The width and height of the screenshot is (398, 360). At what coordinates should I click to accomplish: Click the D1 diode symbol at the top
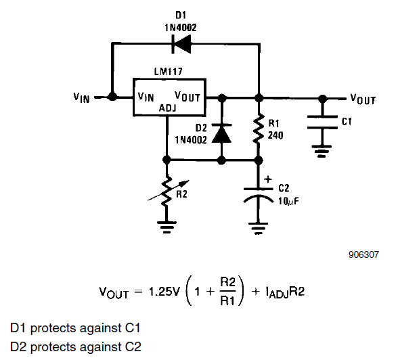181,44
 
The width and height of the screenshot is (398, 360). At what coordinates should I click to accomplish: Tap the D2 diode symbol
221,133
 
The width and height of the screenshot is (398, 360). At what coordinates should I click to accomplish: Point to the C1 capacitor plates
322,122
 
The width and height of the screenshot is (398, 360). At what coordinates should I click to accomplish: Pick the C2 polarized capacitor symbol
258,196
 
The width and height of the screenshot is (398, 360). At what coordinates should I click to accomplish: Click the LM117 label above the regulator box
169,72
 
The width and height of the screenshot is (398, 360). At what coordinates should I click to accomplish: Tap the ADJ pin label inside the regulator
168,108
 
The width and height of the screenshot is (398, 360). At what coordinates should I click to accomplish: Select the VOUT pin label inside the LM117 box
187,97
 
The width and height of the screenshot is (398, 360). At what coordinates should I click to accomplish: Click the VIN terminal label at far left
81,97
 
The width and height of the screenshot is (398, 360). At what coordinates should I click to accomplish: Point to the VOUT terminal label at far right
363,99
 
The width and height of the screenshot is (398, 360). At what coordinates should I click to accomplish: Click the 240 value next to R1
275,135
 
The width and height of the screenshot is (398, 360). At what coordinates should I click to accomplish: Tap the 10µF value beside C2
288,201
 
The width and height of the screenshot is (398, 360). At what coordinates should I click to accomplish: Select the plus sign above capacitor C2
268,179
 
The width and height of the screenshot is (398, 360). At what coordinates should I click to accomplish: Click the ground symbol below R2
167,227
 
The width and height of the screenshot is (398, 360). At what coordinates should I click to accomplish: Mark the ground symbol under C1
322,151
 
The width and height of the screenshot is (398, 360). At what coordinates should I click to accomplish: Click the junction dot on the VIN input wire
112,97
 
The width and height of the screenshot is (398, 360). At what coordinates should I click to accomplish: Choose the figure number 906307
363,254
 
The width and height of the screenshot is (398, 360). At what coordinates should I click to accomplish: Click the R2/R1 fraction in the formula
227,291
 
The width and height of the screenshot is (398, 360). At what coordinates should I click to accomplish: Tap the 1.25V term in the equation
164,292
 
